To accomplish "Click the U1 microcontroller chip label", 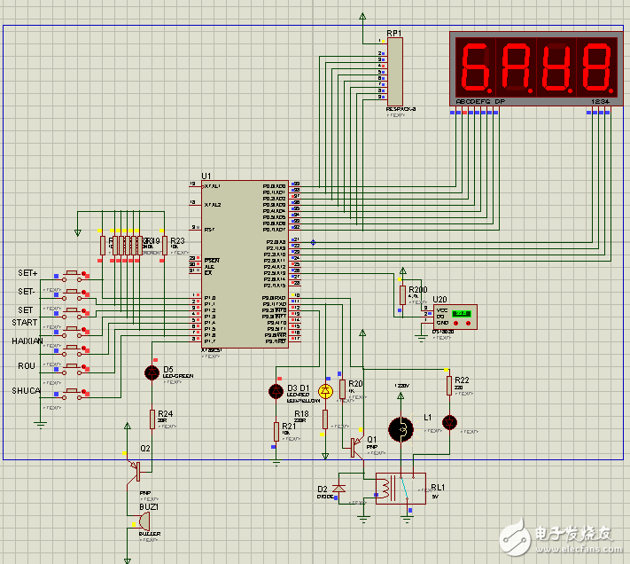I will coord(206,176).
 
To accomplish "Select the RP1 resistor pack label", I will coord(393,34).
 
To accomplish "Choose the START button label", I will coord(25,323).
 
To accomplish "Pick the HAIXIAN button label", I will coord(27,341).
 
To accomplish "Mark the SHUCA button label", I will coord(26,390).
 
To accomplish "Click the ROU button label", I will coord(27,365).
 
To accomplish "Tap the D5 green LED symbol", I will coord(151,372).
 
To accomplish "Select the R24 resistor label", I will coord(165,413).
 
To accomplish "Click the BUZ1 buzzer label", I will coord(148,507).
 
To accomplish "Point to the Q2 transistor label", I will coord(144,449).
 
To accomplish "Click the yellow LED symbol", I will coord(324,390).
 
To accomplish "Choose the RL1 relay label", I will coord(438,487).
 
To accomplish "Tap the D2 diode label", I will coord(323,489).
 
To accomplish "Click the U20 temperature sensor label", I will coord(439,300).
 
